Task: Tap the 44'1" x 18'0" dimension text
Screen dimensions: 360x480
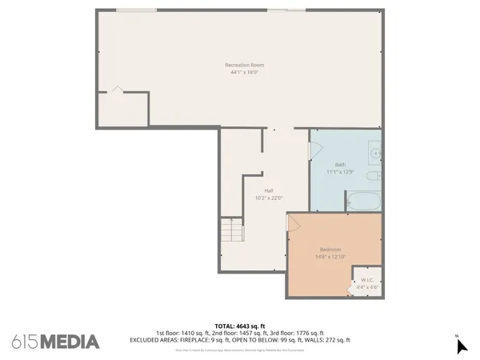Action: coord(245,72)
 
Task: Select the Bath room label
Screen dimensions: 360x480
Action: coord(340,165)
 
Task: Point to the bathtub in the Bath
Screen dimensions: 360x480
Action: coord(365,200)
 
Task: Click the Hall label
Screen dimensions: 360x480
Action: coord(269,190)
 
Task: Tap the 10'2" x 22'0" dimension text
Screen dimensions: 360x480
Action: coord(269,198)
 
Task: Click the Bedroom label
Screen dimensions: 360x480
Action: coord(330,250)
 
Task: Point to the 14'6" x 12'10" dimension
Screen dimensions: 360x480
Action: coord(330,257)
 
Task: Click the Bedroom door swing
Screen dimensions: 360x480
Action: coord(294,221)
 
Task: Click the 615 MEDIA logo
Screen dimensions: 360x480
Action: coord(56,342)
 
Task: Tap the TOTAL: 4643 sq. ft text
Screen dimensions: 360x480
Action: coord(240,326)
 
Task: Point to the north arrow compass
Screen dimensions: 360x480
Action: coord(460,345)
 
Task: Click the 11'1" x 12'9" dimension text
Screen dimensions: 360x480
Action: coord(340,172)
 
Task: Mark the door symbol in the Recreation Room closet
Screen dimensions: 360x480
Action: coord(117,90)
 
